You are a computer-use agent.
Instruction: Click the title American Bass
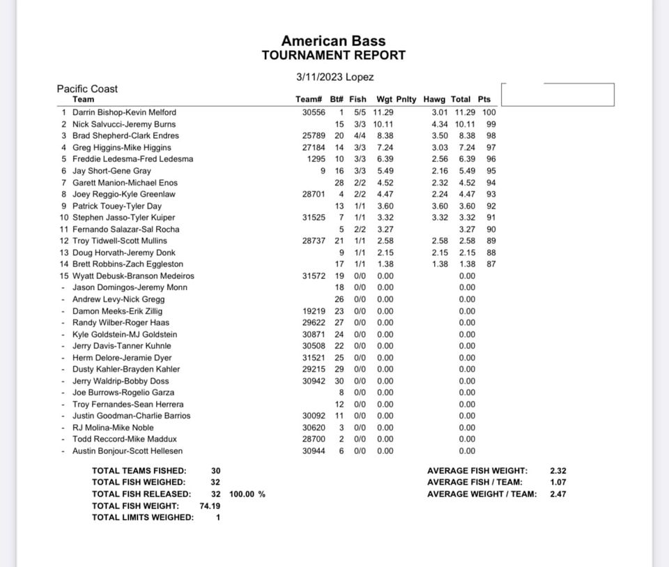tap(333, 41)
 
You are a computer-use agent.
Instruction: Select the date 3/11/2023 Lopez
tap(334, 77)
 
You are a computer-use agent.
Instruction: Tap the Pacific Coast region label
tap(87, 89)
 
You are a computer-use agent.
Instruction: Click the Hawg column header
tap(434, 100)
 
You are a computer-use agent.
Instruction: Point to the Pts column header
tap(484, 100)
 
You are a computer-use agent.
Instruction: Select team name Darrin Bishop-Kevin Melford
tap(124, 112)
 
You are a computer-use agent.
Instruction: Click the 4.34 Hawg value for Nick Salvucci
tap(439, 124)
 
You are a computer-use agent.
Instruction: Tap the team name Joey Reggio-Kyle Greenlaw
tap(124, 195)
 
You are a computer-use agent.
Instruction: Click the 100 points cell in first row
tap(489, 112)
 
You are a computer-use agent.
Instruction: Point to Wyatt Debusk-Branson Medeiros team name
tap(133, 276)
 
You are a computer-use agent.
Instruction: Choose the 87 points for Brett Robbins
tap(491, 264)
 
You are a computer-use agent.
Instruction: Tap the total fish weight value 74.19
tap(210, 506)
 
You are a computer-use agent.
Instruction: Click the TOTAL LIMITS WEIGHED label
tap(143, 517)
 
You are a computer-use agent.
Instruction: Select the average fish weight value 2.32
tap(558, 471)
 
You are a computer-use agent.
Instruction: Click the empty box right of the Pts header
tap(557, 94)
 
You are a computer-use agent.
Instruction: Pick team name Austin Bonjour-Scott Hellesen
tap(128, 451)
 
